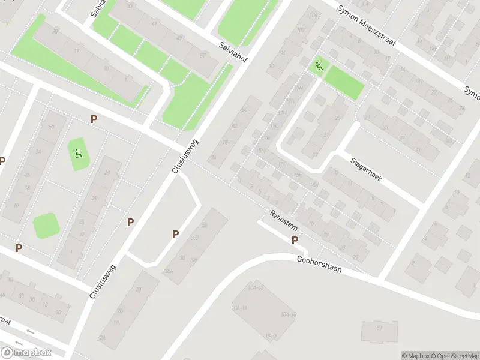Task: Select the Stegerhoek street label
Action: coord(365,170)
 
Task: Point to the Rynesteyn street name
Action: coord(283,221)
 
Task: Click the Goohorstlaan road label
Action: coord(319,264)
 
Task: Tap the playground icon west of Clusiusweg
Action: coord(77,154)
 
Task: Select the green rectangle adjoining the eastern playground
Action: coord(344,83)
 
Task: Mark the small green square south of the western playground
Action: coord(46,226)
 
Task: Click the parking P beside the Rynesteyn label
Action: coord(295,240)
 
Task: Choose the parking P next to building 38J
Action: coord(175,235)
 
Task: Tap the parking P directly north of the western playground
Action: coord(94,119)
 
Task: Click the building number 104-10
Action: coord(289,314)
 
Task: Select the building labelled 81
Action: coord(379,328)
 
